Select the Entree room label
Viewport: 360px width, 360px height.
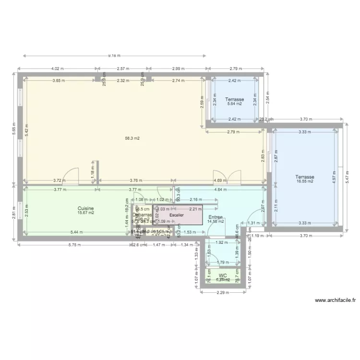[x=215, y=217]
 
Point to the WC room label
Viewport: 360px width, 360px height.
[x=222, y=276]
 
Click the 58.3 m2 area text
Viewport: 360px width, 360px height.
[x=132, y=139]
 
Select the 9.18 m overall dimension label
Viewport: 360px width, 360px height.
[x=114, y=56]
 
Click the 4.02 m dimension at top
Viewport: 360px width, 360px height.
[x=57, y=69]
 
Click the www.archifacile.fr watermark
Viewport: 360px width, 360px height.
[x=336, y=300]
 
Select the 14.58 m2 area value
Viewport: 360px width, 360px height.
[x=215, y=221]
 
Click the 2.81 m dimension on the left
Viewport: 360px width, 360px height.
[x=15, y=212]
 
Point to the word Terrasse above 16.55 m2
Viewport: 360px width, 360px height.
[x=305, y=177]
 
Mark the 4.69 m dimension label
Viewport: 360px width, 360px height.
[x=220, y=181]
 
